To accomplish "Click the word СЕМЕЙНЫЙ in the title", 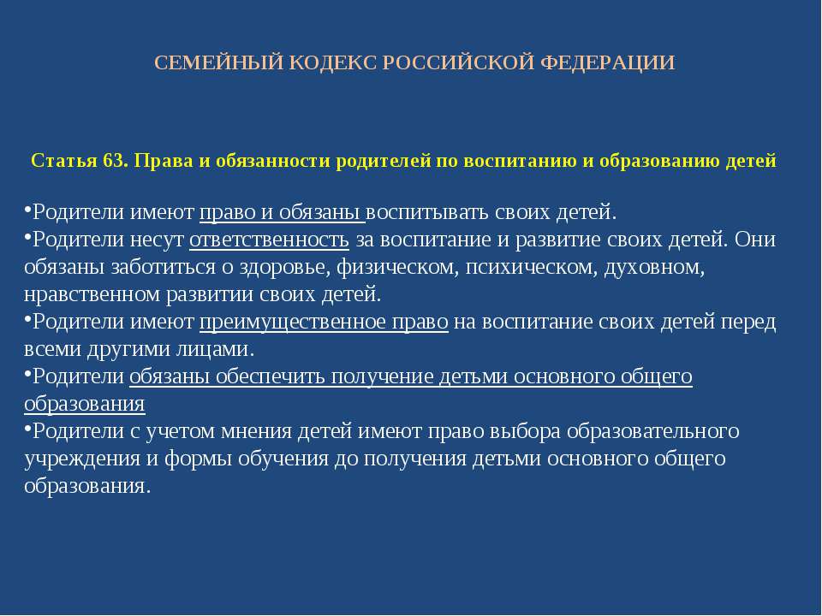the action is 218,62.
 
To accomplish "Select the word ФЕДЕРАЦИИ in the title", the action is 607,62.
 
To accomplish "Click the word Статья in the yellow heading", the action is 64,160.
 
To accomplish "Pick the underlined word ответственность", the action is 269,240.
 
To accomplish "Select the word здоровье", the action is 285,267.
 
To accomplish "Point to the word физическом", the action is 398,267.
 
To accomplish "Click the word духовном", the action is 654,267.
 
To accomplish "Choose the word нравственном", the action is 92,294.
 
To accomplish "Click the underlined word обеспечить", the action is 270,376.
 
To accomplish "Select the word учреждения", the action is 82,459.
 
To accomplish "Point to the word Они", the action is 755,240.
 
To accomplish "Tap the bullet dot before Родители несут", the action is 27,236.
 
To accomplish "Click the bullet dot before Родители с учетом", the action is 27,428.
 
